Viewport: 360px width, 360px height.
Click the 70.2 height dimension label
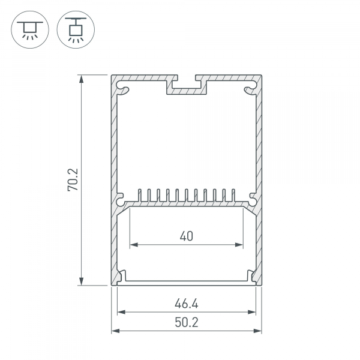tap(73, 180)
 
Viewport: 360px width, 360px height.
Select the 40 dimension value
tap(186, 236)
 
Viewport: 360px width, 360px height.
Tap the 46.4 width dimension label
tap(186, 304)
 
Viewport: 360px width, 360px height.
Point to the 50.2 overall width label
tap(186, 322)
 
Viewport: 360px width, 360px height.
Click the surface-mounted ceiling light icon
tap(30, 29)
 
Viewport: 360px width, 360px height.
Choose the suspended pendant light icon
tap(76, 29)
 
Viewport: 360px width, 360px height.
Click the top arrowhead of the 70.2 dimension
tap(81, 79)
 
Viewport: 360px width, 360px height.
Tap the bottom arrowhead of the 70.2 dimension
tap(81, 281)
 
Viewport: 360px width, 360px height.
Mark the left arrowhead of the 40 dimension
tap(134, 245)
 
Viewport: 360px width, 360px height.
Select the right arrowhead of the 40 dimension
tap(239, 245)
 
